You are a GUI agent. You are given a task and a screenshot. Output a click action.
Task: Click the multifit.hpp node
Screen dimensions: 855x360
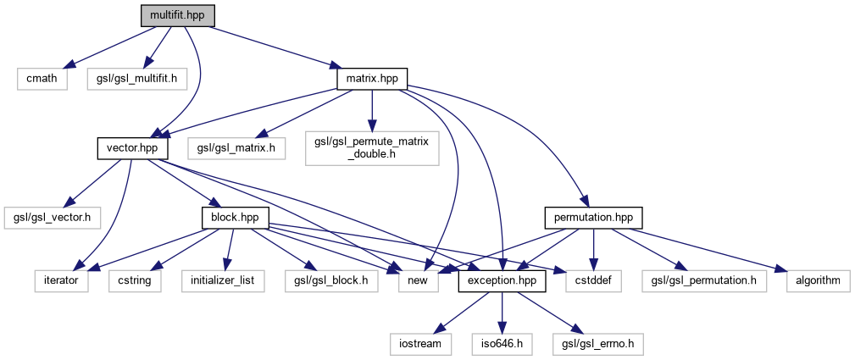coord(177,15)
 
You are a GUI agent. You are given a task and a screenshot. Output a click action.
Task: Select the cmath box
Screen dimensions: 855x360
coord(42,80)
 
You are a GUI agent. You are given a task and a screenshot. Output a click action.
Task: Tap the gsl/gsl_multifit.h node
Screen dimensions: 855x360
coord(136,80)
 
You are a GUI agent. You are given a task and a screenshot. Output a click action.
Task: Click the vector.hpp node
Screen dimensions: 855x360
coord(132,149)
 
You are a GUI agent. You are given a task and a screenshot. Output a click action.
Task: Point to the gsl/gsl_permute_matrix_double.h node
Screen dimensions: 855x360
coord(372,148)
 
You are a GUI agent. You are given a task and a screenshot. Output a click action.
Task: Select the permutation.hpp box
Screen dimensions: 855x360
coord(593,218)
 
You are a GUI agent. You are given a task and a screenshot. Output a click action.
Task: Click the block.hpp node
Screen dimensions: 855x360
coord(236,218)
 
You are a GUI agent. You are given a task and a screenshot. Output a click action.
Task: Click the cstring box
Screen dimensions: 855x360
coord(134,280)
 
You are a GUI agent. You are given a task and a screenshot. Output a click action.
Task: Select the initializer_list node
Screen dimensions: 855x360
coord(223,280)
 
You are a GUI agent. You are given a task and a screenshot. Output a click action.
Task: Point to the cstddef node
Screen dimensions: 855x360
coord(593,280)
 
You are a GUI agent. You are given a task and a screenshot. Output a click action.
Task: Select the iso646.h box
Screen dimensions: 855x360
coord(502,344)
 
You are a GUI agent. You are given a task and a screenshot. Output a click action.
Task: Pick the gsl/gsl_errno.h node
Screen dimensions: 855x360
coord(597,344)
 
